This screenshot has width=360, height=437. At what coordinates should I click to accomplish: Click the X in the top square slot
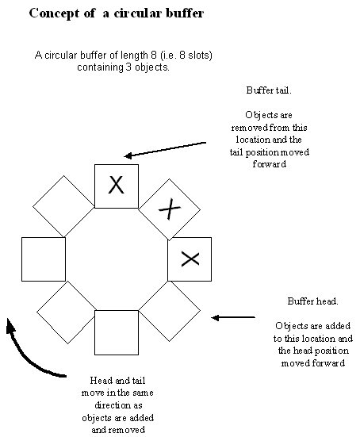[x=116, y=185]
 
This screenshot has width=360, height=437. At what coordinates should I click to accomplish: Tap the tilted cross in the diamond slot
[x=170, y=209]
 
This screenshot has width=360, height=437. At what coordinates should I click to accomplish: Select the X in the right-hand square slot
[x=190, y=259]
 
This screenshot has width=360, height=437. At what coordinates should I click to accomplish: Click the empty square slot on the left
[x=44, y=259]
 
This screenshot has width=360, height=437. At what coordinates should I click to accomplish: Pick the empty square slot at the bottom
[x=117, y=332]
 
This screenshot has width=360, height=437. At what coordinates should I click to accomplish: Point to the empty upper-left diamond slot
[x=63, y=206]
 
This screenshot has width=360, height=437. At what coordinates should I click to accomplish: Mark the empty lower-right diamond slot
[x=170, y=311]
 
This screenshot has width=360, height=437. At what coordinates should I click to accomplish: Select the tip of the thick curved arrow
[x=8, y=319]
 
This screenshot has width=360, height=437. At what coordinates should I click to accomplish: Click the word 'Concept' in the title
[x=54, y=13]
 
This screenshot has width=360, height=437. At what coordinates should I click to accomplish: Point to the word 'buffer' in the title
[x=185, y=13]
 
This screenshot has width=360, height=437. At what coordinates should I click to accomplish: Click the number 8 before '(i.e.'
[x=154, y=55]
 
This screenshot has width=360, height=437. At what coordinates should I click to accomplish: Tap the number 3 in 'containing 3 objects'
[x=128, y=67]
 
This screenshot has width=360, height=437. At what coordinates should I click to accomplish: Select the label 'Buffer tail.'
[x=269, y=90]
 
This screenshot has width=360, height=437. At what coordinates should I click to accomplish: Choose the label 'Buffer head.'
[x=313, y=301]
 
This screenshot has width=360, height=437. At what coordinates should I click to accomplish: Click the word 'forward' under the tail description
[x=269, y=164]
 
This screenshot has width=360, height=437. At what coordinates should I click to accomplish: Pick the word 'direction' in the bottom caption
[x=118, y=405]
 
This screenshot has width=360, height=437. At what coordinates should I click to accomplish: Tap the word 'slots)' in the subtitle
[x=200, y=56]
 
